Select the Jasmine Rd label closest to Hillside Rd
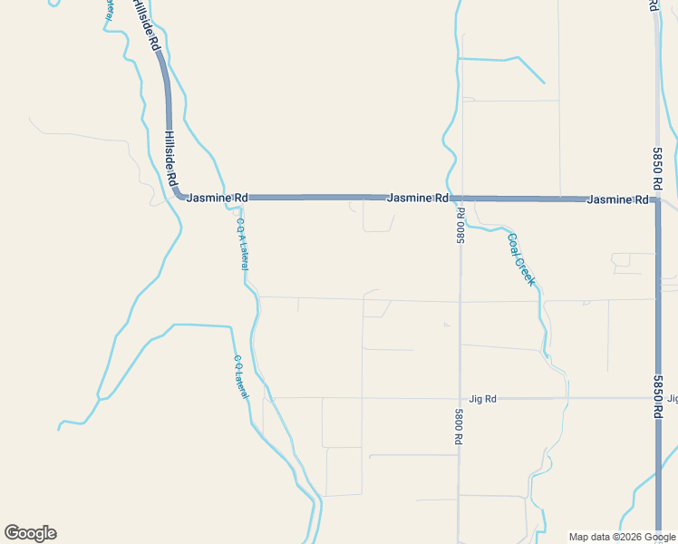click(217, 197)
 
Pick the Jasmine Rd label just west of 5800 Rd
click(417, 198)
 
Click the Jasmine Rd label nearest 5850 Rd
click(618, 199)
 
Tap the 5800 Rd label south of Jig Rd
click(460, 425)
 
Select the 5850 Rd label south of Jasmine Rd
click(657, 396)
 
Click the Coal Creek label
click(521, 259)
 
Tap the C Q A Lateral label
click(242, 244)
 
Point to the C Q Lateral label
click(240, 374)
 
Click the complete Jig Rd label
click(483, 399)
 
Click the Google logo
click(30, 533)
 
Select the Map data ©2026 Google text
click(622, 537)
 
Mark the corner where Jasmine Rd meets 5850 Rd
click(657, 199)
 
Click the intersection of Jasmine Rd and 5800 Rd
click(460, 198)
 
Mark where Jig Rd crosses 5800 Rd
click(460, 398)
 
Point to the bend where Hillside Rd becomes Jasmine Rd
click(179, 195)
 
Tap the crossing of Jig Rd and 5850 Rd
click(657, 398)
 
